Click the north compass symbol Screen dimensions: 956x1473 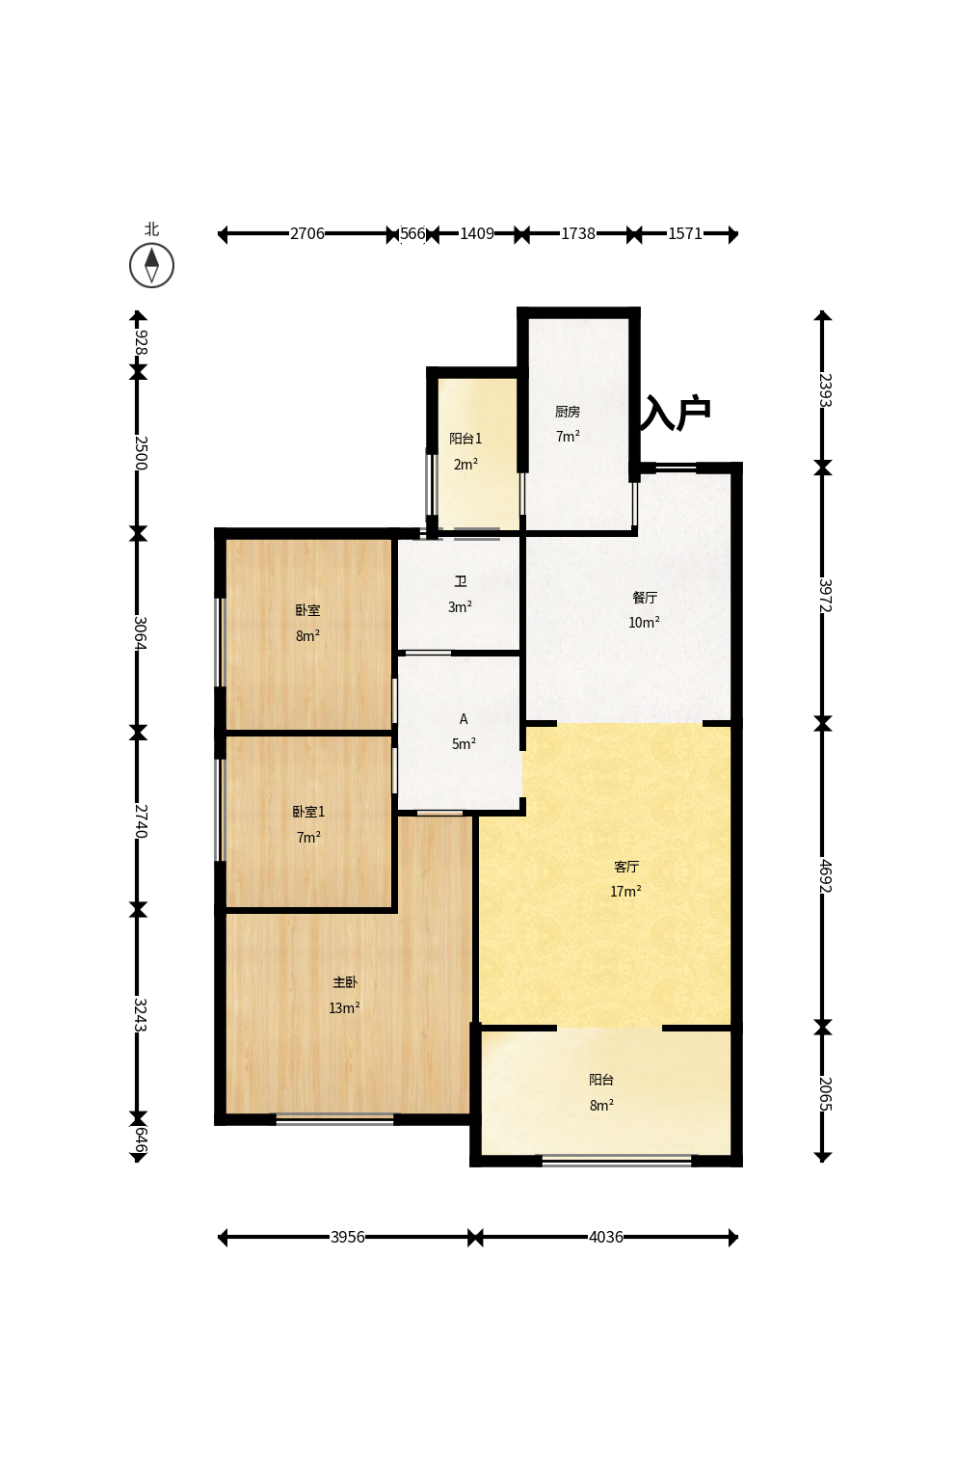click(151, 266)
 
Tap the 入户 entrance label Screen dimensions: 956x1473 click(676, 413)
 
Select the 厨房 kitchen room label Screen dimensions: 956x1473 click(568, 412)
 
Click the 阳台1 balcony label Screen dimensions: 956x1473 click(465, 439)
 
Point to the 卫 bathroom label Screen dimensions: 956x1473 click(461, 581)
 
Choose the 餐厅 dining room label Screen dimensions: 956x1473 click(645, 597)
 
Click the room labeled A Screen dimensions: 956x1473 click(464, 719)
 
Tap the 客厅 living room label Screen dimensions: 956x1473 click(626, 866)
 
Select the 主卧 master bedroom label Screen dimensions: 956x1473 click(345, 982)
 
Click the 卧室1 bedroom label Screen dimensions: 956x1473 click(308, 812)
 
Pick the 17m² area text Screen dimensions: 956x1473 click(625, 891)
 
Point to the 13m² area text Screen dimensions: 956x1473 click(344, 1007)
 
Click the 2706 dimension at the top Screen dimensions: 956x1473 click(307, 233)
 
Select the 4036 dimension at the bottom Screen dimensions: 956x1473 click(605, 1237)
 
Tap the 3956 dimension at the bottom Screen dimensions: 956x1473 click(347, 1237)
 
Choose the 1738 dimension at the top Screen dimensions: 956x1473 click(578, 233)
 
